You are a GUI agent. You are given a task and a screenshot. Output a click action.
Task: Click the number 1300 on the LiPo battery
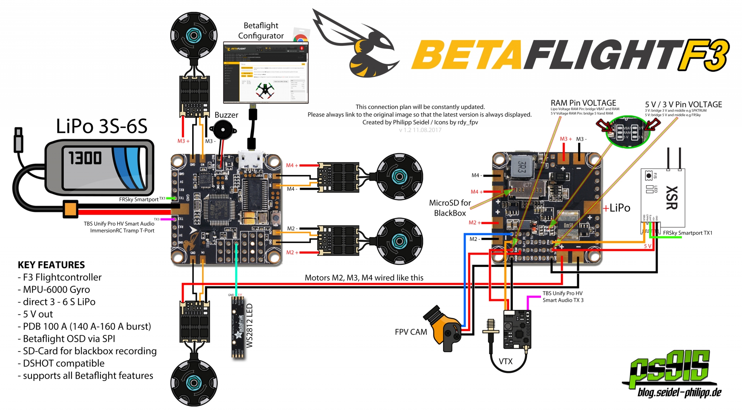click(85, 158)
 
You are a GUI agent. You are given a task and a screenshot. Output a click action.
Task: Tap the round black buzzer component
click(223, 130)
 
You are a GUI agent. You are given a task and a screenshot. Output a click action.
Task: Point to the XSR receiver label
click(672, 197)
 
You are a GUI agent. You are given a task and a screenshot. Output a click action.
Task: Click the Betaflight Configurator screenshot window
click(266, 73)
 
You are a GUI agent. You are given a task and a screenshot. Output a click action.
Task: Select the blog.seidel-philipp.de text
click(679, 393)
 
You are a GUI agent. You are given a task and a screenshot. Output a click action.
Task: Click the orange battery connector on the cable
click(70, 209)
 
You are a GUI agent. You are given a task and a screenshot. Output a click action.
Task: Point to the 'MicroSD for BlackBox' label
click(450, 208)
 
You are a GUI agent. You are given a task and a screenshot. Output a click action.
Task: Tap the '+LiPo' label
click(617, 208)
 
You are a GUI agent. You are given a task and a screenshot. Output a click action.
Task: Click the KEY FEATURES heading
click(51, 265)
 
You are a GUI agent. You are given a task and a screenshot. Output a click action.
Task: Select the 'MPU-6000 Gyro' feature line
click(56, 290)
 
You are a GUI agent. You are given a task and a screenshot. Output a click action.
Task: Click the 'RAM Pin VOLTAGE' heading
click(583, 103)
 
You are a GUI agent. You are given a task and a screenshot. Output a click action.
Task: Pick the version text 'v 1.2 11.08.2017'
click(420, 130)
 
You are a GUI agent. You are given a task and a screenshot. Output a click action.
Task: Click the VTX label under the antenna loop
click(505, 361)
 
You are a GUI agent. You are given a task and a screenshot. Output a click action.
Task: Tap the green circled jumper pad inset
click(628, 132)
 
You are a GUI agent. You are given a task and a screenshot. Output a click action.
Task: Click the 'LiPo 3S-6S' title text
click(102, 126)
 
